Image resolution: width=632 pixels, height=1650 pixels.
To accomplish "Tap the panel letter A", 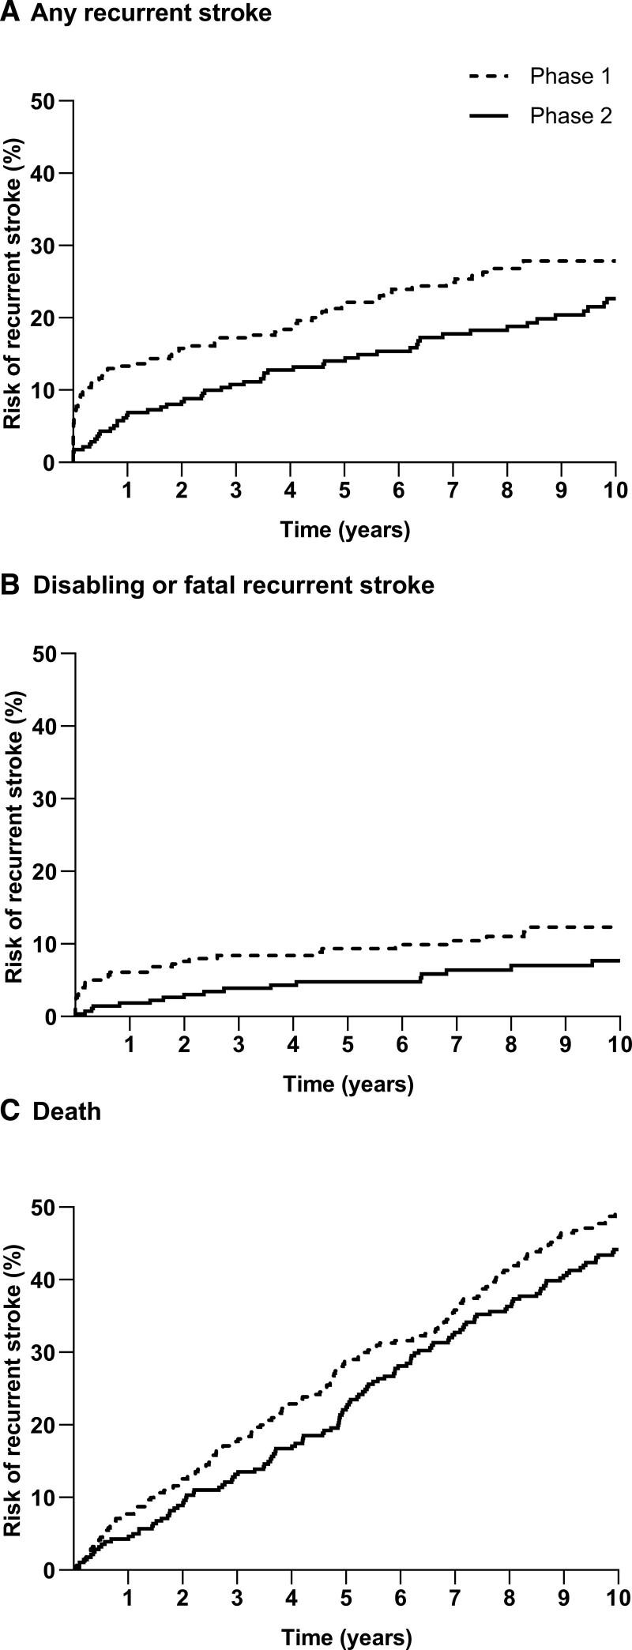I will [x=10, y=13].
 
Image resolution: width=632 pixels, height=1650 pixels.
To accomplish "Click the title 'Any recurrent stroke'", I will [x=150, y=14].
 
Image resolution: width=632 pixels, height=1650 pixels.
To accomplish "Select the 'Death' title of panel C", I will [x=67, y=1112].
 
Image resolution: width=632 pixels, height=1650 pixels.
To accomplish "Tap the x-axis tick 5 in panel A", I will [x=344, y=490].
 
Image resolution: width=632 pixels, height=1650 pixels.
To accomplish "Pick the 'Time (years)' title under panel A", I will [x=345, y=529].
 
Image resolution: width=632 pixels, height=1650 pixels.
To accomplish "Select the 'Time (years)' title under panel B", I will [x=348, y=1084].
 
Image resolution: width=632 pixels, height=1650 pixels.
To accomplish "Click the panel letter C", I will [x=10, y=1112].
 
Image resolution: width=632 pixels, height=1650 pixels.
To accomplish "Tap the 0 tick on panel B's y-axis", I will [x=50, y=1017].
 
